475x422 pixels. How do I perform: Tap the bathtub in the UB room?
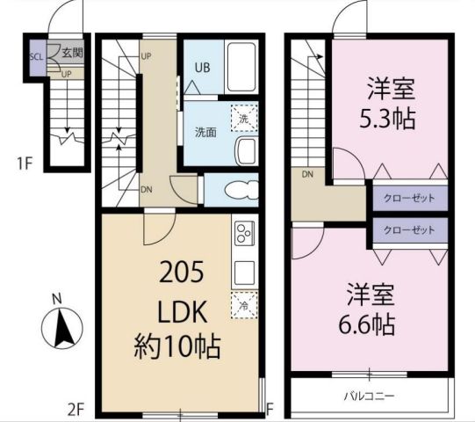point(239,68)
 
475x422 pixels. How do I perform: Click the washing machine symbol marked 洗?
point(241,116)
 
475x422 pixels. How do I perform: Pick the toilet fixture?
point(234,189)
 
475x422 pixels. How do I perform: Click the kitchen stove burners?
point(243,234)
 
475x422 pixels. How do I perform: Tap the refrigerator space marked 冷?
point(242,304)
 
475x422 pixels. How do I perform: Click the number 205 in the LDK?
point(181,273)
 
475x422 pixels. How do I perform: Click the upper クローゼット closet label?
point(410,198)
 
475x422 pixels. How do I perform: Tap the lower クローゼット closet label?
point(410,230)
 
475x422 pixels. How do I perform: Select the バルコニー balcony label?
point(368,396)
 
